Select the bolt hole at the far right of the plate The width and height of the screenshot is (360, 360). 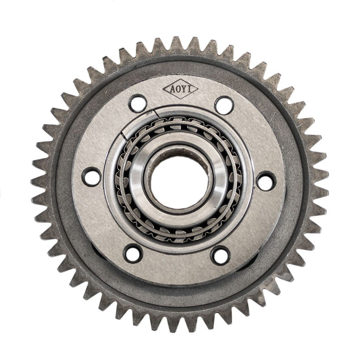[x=266, y=181]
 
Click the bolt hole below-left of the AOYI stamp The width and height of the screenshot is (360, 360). [x=137, y=103]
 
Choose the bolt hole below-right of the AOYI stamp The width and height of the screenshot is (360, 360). [x=224, y=105]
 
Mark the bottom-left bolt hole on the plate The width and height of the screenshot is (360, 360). [x=133, y=253]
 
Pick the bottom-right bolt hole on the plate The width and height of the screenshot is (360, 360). [x=220, y=255]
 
